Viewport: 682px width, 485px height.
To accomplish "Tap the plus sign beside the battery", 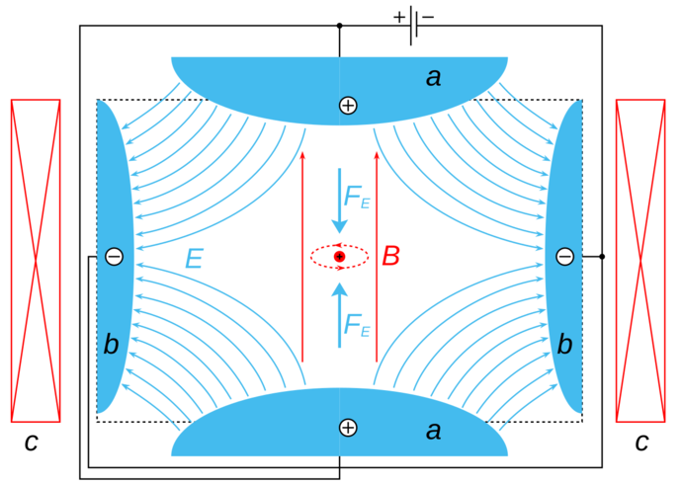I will point(399,16).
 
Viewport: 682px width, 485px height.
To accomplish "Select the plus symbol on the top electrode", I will point(347,105).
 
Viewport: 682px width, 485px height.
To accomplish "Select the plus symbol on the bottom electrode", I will point(347,427).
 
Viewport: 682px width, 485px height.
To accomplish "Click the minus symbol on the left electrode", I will point(114,257).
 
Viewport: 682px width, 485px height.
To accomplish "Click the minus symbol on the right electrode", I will point(564,257).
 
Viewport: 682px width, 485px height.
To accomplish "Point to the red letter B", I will point(390,257).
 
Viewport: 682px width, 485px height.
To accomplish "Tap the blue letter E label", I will point(194,259).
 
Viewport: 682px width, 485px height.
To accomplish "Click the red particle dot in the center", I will point(339,257).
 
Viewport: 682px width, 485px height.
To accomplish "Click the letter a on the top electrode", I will point(433,77).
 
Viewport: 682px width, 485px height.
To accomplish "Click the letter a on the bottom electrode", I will point(433,431).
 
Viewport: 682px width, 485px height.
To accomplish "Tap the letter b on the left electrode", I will point(111,344).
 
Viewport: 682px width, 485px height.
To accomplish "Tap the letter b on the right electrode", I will point(564,344).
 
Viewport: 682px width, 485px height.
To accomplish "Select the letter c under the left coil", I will point(32,443).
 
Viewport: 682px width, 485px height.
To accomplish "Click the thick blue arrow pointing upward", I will point(339,314).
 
